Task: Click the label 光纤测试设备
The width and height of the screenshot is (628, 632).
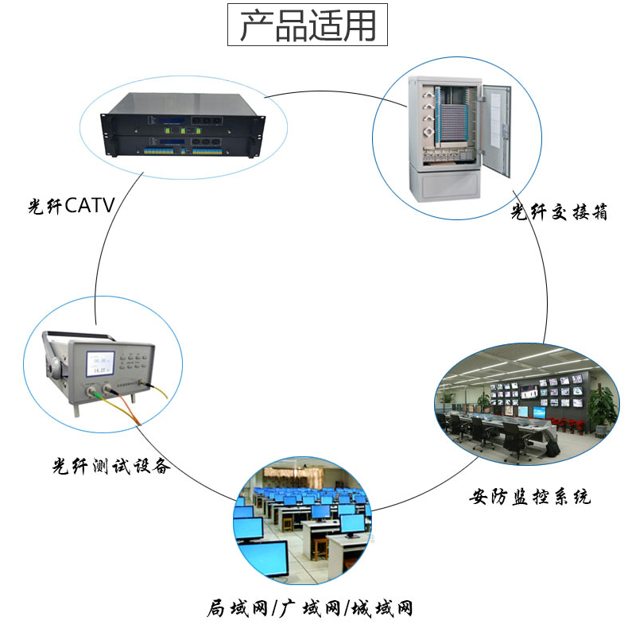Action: point(110,465)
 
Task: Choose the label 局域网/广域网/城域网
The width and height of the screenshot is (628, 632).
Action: point(310,609)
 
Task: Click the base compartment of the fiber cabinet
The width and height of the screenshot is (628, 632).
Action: point(448,185)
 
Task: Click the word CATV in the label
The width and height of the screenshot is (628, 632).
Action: point(90,207)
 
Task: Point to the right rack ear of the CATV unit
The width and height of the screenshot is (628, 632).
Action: point(257,133)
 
